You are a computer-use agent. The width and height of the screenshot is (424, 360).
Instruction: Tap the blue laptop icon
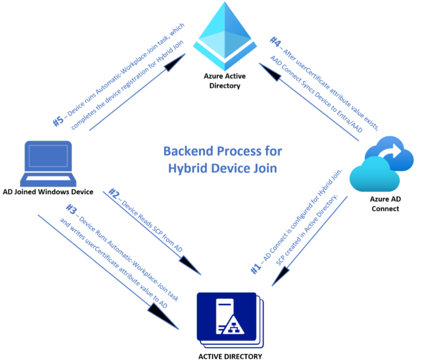(49, 164)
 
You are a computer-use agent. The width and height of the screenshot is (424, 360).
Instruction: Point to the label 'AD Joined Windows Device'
(49, 192)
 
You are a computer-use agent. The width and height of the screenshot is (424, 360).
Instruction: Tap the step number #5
(59, 121)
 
